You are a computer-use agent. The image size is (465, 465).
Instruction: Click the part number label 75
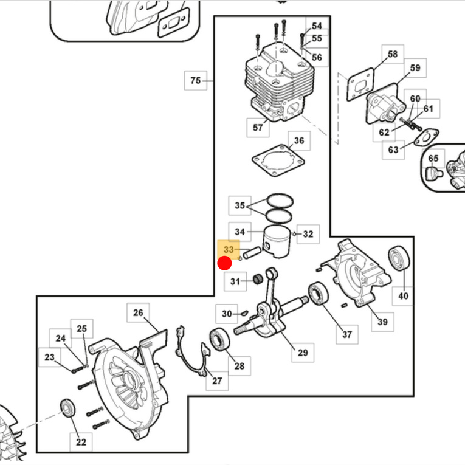click(196, 80)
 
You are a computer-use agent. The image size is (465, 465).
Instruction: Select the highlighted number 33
click(229, 249)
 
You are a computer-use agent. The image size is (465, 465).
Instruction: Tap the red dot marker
click(224, 264)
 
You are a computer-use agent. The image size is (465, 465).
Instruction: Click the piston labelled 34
click(277, 242)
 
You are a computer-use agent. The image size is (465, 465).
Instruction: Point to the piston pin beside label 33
click(252, 253)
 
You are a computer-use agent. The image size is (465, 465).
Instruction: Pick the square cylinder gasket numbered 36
click(278, 160)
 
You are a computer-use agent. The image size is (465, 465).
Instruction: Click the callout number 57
click(258, 128)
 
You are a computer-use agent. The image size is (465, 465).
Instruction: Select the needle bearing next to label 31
click(258, 279)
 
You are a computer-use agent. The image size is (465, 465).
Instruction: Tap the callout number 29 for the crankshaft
click(303, 353)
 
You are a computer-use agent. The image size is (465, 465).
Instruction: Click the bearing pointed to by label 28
click(220, 339)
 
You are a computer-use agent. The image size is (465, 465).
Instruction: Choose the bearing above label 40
click(399, 258)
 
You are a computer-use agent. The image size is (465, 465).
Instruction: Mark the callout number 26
click(138, 312)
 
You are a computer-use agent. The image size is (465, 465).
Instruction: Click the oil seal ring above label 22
click(68, 408)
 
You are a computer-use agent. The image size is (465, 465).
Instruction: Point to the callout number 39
click(382, 322)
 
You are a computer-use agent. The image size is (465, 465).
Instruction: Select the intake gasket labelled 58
click(360, 84)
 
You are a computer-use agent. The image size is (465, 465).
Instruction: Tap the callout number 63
click(393, 150)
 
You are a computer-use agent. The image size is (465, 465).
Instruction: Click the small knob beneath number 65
click(435, 173)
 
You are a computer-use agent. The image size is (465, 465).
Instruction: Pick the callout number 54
click(317, 26)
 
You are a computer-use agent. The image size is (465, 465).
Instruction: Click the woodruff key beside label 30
click(244, 312)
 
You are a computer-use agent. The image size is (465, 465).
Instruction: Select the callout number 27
click(217, 381)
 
